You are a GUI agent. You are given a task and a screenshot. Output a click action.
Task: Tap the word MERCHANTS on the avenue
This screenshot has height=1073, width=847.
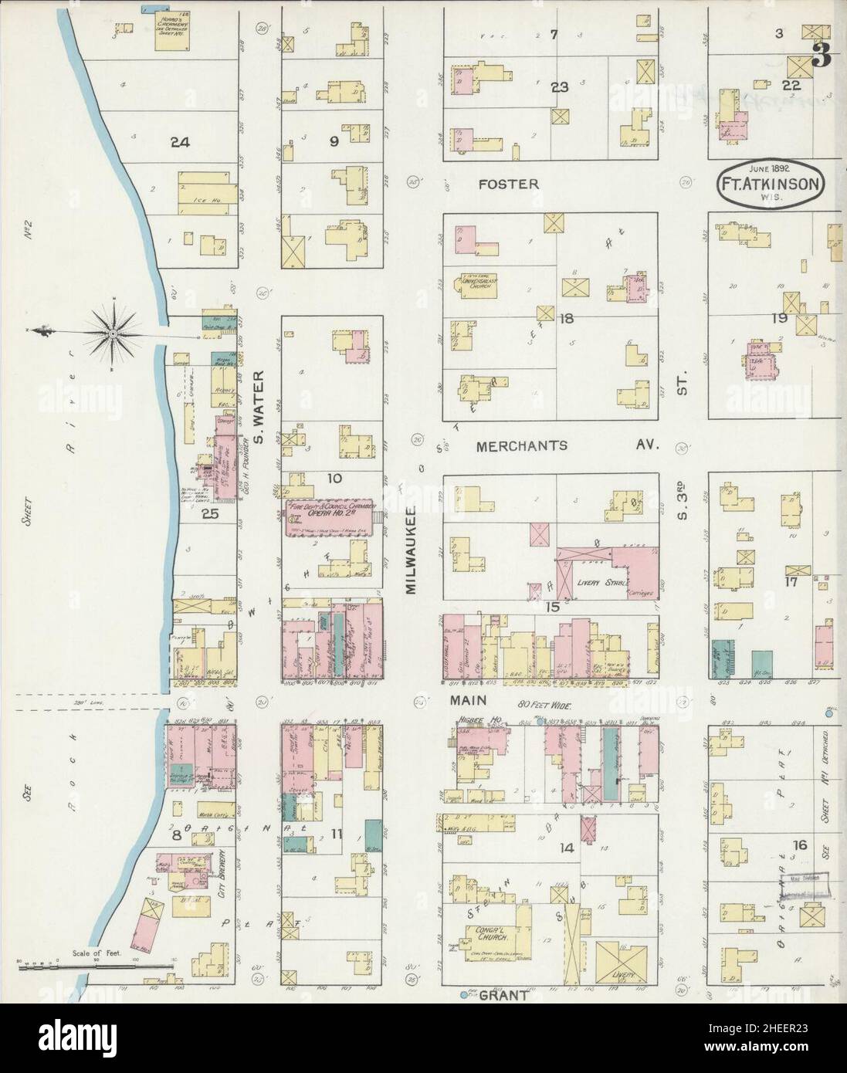click(x=521, y=445)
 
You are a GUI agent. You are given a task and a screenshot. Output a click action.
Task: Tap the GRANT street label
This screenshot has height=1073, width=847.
click(x=503, y=995)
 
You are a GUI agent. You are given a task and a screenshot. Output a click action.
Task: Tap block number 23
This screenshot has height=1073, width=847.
click(x=560, y=87)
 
